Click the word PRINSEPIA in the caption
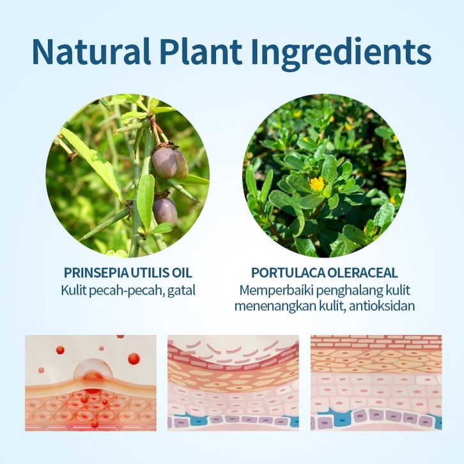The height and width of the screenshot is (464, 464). [96, 273]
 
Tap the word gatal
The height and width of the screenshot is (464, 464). [182, 291]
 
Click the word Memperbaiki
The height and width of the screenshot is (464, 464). [276, 291]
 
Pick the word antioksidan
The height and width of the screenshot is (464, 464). [382, 306]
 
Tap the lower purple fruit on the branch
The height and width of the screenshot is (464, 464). [165, 212]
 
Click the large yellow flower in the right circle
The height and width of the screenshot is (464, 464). [317, 184]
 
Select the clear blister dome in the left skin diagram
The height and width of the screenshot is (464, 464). [93, 370]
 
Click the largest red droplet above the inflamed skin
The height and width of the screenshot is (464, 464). [134, 359]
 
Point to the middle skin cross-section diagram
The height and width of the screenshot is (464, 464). [233, 383]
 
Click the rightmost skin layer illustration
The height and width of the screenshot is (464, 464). [376, 383]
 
